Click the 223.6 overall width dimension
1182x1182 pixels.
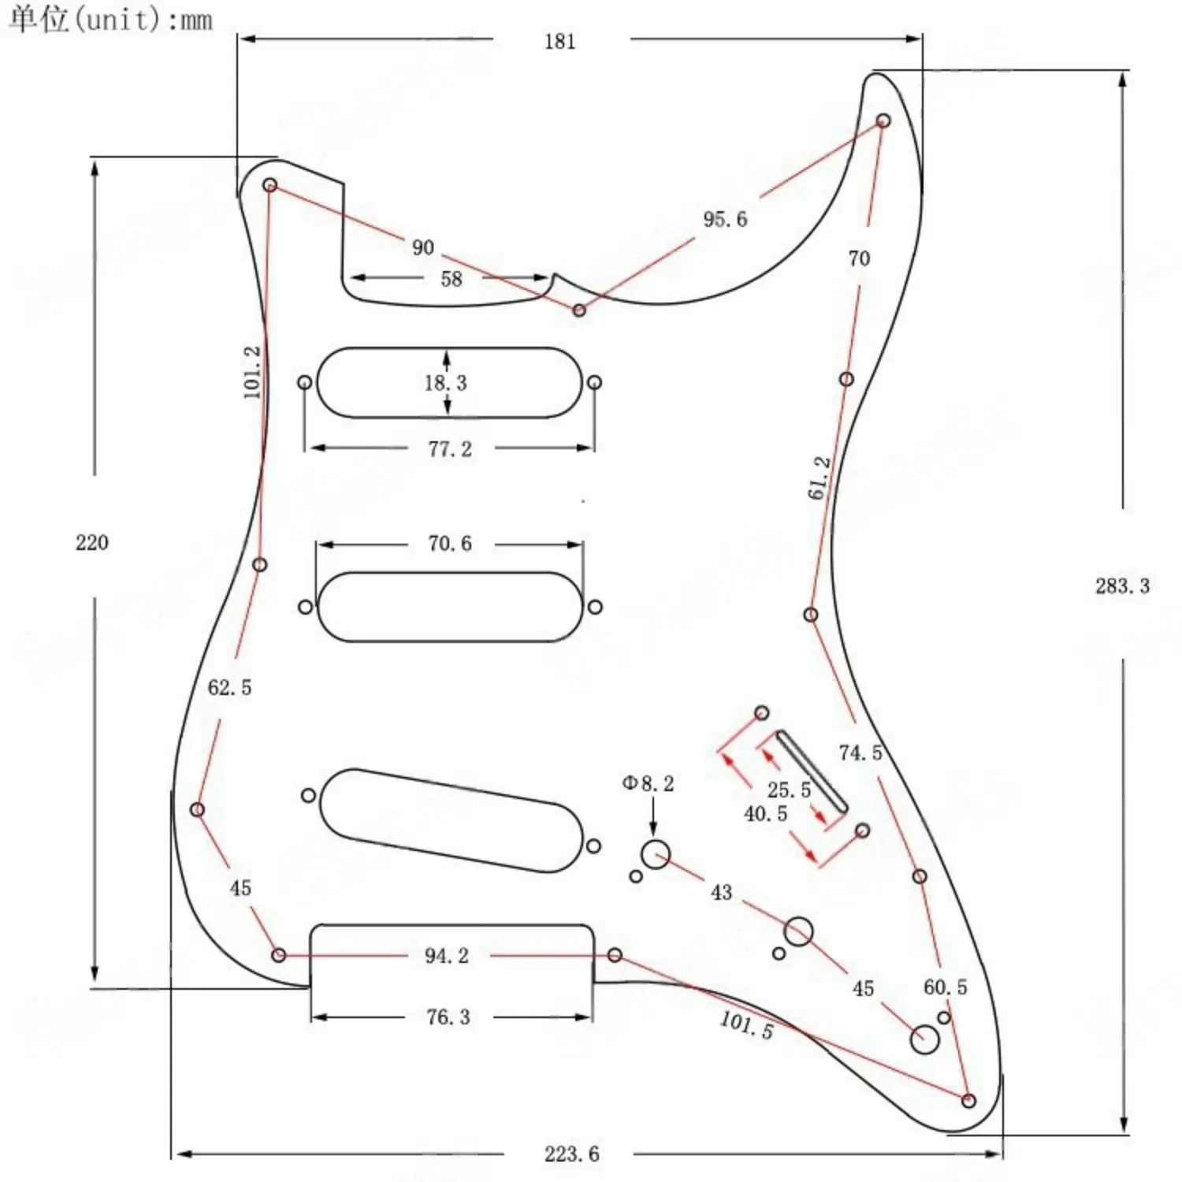(571, 1154)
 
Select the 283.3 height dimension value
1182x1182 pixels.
(1122, 585)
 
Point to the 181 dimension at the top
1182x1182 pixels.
(559, 42)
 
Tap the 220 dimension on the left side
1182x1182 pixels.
(92, 543)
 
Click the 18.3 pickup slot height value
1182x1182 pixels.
(445, 383)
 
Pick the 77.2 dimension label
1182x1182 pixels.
(449, 449)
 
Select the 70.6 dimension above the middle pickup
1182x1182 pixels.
(449, 544)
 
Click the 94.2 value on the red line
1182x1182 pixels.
(446, 956)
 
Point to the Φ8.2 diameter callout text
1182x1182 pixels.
(648, 783)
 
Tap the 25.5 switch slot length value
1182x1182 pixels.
(789, 790)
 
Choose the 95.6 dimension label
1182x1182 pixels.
(725, 219)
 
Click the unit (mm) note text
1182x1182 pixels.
(110, 19)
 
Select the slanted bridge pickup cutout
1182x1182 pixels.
(451, 820)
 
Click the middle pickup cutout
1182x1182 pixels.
(449, 607)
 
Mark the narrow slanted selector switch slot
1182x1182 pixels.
(812, 771)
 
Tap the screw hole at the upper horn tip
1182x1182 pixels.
(883, 121)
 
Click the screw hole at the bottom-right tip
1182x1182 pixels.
(969, 1101)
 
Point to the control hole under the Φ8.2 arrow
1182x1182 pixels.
(655, 854)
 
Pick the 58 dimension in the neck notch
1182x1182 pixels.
(451, 279)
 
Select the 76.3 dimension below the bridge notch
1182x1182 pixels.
(448, 1017)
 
